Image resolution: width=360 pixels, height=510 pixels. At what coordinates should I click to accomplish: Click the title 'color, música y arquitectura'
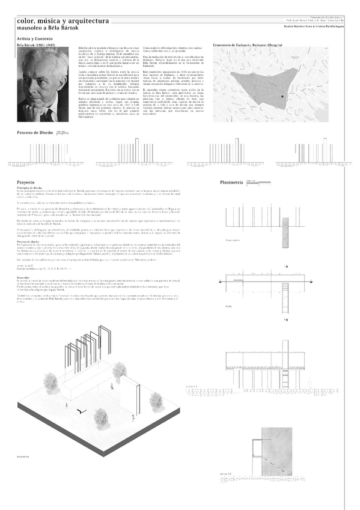[63, 20]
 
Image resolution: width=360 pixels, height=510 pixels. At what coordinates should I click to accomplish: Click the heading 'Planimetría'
[231, 182]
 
